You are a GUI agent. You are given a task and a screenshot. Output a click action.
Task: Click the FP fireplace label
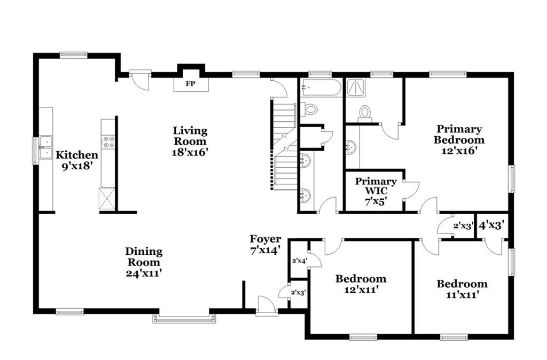(x=191, y=84)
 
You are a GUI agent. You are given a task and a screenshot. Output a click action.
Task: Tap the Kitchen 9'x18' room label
(x=77, y=160)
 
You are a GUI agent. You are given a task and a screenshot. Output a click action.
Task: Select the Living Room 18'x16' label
(x=190, y=142)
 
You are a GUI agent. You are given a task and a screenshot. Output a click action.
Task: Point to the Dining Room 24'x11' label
(x=144, y=262)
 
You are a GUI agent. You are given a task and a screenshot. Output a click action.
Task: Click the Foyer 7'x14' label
(x=265, y=245)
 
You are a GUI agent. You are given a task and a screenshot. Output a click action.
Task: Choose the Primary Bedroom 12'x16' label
(x=459, y=139)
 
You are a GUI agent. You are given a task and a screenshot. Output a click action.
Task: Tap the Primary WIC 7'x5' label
(x=376, y=192)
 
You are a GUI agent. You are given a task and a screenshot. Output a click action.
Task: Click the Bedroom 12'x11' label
(x=361, y=284)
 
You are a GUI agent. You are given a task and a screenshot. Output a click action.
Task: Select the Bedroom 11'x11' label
(x=462, y=289)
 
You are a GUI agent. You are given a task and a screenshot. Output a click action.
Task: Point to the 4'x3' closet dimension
(x=492, y=225)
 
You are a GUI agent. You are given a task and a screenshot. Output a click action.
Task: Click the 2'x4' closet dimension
(x=299, y=260)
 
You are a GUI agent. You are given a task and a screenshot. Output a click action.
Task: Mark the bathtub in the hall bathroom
(x=321, y=88)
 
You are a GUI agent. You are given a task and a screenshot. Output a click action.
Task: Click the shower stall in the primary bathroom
(x=356, y=88)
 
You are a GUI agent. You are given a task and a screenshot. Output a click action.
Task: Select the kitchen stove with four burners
(x=108, y=142)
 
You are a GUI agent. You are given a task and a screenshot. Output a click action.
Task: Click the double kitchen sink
(x=46, y=147)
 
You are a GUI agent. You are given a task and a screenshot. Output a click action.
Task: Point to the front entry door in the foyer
(x=267, y=306)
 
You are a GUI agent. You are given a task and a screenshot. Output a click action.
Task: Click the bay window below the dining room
(x=184, y=318)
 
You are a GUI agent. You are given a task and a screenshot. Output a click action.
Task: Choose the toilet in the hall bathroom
(x=309, y=109)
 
